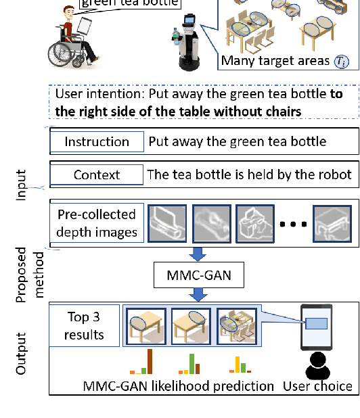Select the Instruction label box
pos(96,142)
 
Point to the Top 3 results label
pos(86,326)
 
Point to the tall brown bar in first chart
pos(150,361)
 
